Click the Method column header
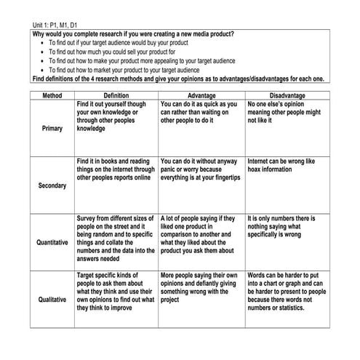point(52,95)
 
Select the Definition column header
point(116,95)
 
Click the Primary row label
point(52,128)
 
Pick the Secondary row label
point(52,185)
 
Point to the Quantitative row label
point(52,242)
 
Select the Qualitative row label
point(52,298)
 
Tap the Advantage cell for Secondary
point(199,169)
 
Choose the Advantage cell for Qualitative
point(199,287)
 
